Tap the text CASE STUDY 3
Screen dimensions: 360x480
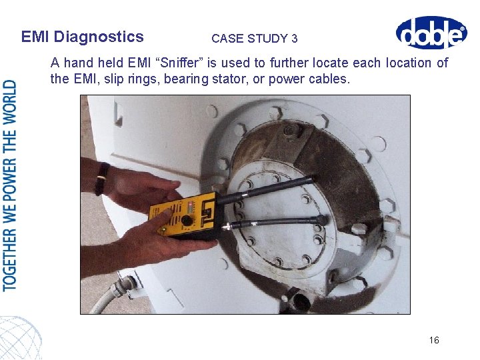[x=254, y=39]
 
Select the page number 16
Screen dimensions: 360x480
[x=434, y=340]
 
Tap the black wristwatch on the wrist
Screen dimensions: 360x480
[x=102, y=179]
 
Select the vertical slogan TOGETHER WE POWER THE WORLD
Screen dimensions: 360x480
[x=10, y=185]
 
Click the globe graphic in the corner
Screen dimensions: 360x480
[x=20, y=337]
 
